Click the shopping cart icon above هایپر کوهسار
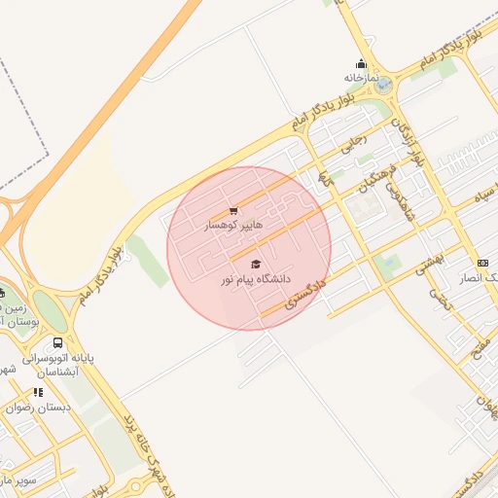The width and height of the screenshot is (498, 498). pos(233,211)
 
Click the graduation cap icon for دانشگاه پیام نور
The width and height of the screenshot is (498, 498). pos(256,265)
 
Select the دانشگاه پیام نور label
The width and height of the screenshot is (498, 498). pos(255,279)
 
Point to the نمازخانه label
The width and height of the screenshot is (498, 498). pos(360,77)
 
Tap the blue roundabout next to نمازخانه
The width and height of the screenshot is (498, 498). pos(385,85)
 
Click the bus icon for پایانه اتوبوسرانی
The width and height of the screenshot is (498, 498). pos(58,343)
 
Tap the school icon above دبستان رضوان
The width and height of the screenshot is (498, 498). pos(38,392)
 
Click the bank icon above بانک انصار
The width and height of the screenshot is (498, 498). pos(482,263)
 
